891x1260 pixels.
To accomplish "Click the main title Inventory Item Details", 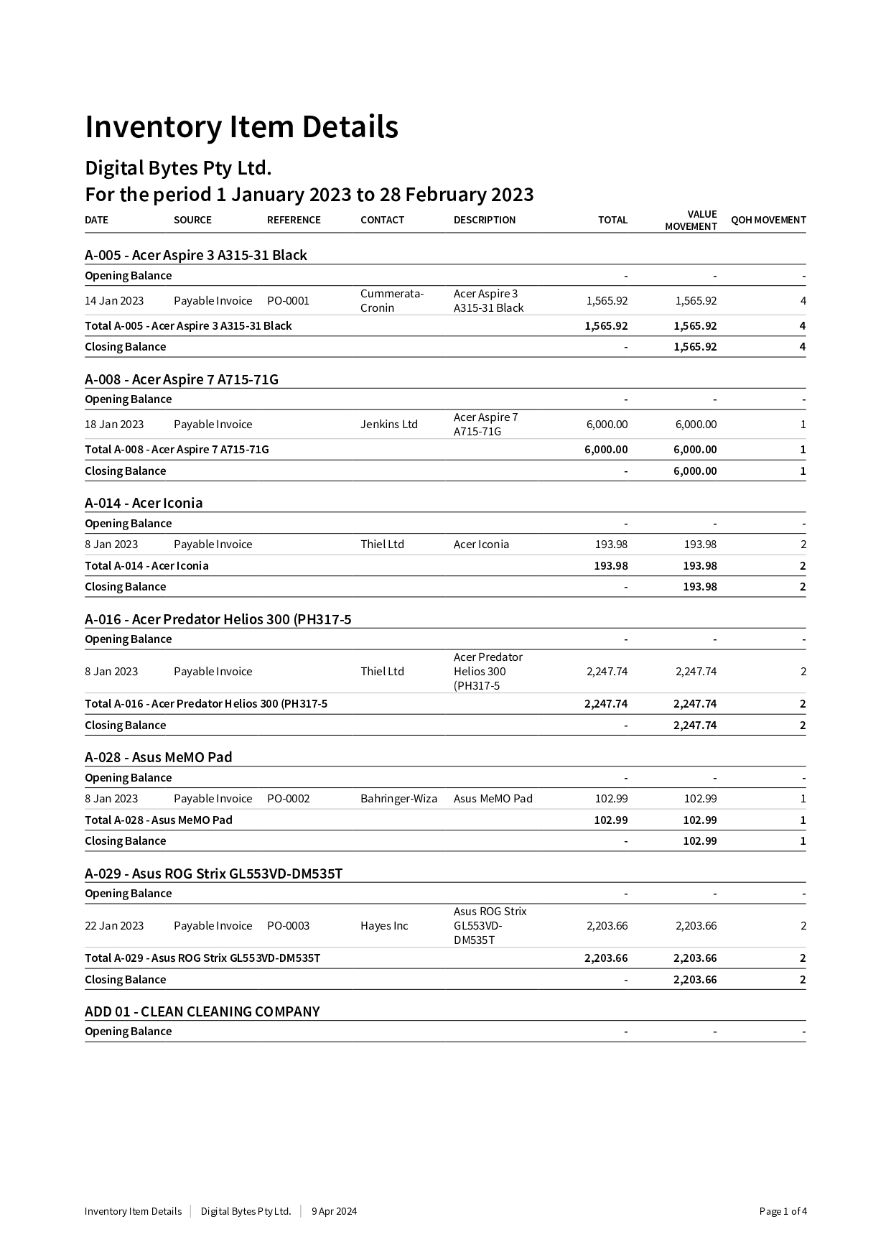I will click(241, 127).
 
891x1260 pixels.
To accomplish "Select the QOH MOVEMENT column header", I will click(768, 220).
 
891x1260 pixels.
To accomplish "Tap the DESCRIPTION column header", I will click(485, 220).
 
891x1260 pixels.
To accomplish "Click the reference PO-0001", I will click(288, 301).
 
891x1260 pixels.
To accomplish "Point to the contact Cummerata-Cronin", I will click(392, 301).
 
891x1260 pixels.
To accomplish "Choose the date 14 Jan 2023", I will click(114, 301).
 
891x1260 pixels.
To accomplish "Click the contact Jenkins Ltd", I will click(389, 425).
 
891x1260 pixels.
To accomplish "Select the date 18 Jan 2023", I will click(114, 425).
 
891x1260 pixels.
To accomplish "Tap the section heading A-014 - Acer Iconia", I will click(144, 503).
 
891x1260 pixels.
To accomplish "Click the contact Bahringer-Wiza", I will click(398, 799).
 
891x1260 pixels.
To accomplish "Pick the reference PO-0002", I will click(288, 799).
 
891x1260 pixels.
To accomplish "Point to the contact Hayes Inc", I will click(384, 926).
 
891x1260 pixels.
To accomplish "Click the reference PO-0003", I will click(288, 926).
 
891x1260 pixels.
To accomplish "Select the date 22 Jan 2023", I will click(114, 926).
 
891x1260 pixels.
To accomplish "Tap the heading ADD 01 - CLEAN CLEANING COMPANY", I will click(202, 1011).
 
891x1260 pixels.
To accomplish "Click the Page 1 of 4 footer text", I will click(783, 1211).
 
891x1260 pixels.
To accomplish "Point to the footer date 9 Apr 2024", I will click(334, 1211).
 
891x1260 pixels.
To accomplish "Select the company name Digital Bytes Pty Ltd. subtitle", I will click(178, 168).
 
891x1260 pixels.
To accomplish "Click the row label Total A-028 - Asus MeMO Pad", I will click(159, 820).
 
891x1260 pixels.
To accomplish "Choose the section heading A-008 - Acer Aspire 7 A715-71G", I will click(182, 379).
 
